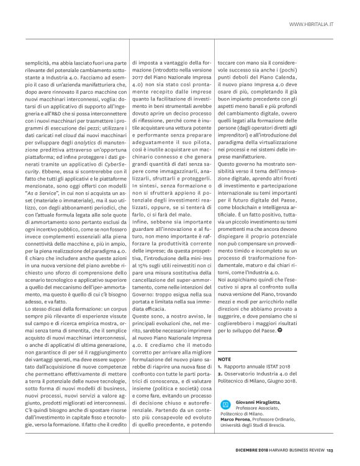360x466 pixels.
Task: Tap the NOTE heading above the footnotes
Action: click(x=225, y=359)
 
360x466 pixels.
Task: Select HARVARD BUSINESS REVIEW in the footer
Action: click(x=300, y=451)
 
